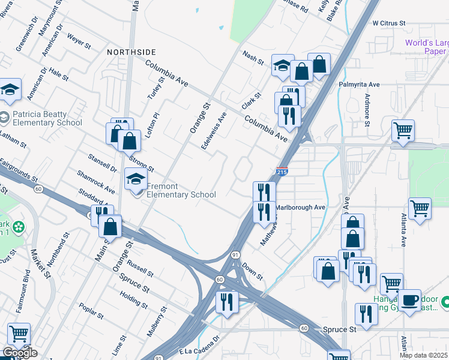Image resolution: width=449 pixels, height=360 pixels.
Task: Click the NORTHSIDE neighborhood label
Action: [x=131, y=52]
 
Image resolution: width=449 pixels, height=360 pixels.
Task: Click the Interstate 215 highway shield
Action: [x=283, y=172]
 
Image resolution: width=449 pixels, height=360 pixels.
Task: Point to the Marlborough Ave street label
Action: [x=300, y=208]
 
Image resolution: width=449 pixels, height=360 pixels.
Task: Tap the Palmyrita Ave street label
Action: [x=359, y=85]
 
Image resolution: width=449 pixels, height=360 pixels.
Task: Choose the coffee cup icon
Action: [x=411, y=300]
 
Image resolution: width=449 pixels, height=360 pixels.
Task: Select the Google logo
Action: [x=19, y=353]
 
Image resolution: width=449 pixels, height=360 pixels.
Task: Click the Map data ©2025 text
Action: [x=423, y=355]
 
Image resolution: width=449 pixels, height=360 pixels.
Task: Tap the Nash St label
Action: [x=253, y=58]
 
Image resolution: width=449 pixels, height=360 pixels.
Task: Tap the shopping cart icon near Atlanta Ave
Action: [x=420, y=208]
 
